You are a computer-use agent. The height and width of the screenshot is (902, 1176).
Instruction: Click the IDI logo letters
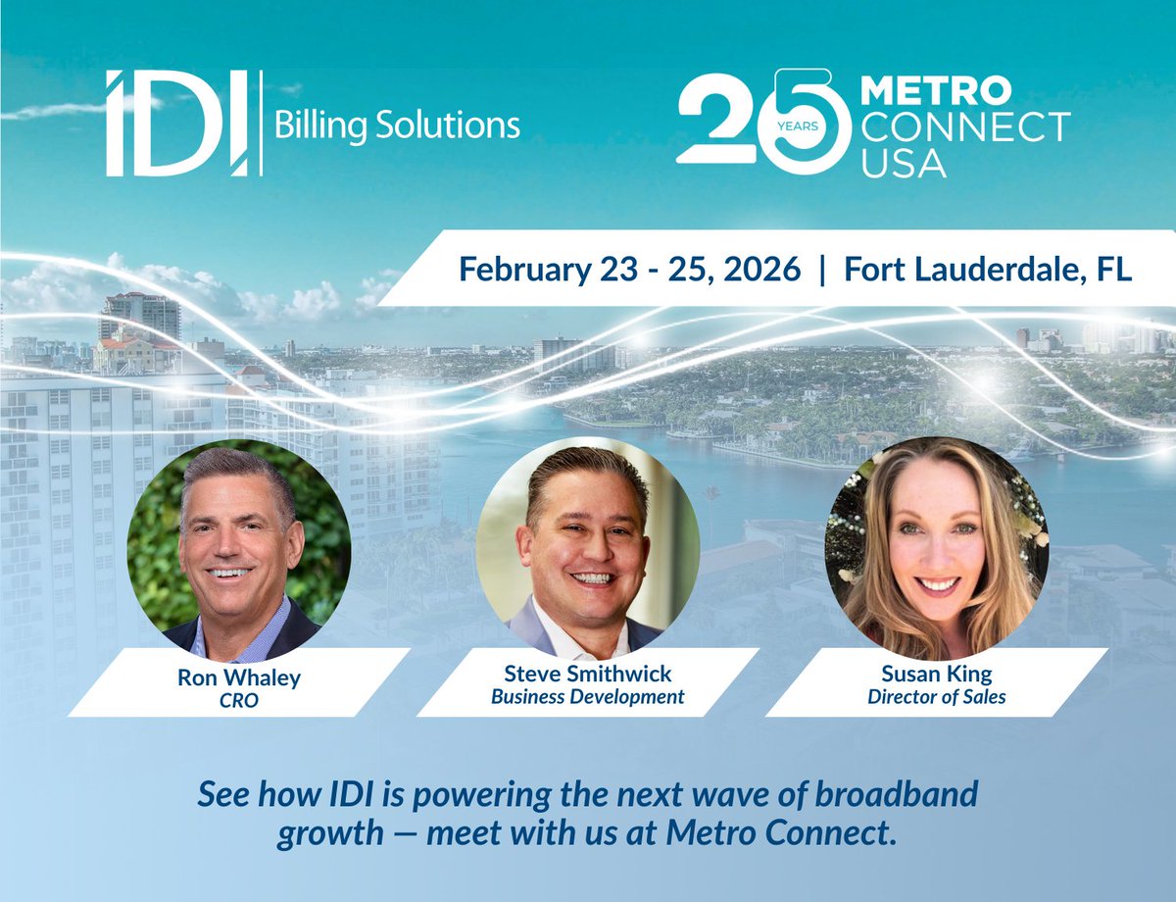(x=177, y=124)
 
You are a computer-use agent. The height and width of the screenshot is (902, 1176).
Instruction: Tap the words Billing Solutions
(x=397, y=125)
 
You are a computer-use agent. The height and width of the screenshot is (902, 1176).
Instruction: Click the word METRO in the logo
(x=935, y=92)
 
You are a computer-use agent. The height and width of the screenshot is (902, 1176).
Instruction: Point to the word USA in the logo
(x=904, y=162)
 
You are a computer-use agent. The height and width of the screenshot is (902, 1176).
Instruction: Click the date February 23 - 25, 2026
(x=629, y=269)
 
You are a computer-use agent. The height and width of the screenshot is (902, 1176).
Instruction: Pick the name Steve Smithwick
(x=588, y=675)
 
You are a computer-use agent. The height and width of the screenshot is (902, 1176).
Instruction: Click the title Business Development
(x=588, y=698)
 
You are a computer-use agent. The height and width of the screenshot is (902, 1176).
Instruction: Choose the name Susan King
(x=936, y=675)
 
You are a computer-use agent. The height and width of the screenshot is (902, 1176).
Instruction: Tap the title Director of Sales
(x=936, y=698)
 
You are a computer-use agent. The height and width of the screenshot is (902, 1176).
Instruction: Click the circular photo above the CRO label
(x=238, y=549)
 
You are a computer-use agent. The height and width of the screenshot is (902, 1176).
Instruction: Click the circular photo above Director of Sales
(x=936, y=549)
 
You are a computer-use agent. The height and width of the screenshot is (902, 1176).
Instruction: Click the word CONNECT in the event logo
(x=965, y=127)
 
